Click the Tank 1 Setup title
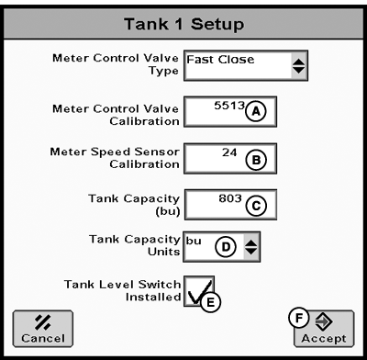(183, 20)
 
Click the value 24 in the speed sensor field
(228, 152)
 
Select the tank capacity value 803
(226, 197)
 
